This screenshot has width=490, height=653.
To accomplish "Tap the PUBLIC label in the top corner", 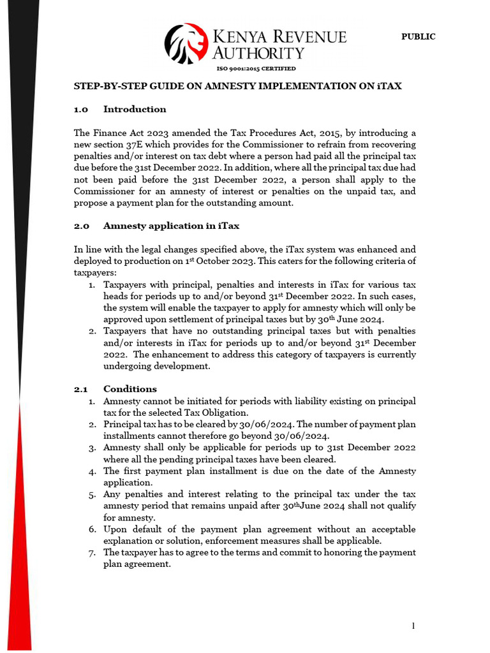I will (x=418, y=37).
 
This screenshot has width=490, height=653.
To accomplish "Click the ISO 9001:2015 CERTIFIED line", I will (x=256, y=69).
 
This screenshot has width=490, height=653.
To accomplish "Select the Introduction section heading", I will (x=135, y=109).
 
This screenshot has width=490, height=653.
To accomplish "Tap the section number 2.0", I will (x=82, y=226).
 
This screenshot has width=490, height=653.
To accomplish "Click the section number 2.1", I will (x=81, y=389).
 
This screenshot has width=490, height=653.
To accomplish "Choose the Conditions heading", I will (x=130, y=389).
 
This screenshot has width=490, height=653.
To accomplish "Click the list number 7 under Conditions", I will (x=92, y=552).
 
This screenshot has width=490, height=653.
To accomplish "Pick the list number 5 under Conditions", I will (x=92, y=494).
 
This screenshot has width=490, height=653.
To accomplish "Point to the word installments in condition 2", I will (x=130, y=436).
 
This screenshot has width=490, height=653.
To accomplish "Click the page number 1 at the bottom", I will (x=413, y=626).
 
